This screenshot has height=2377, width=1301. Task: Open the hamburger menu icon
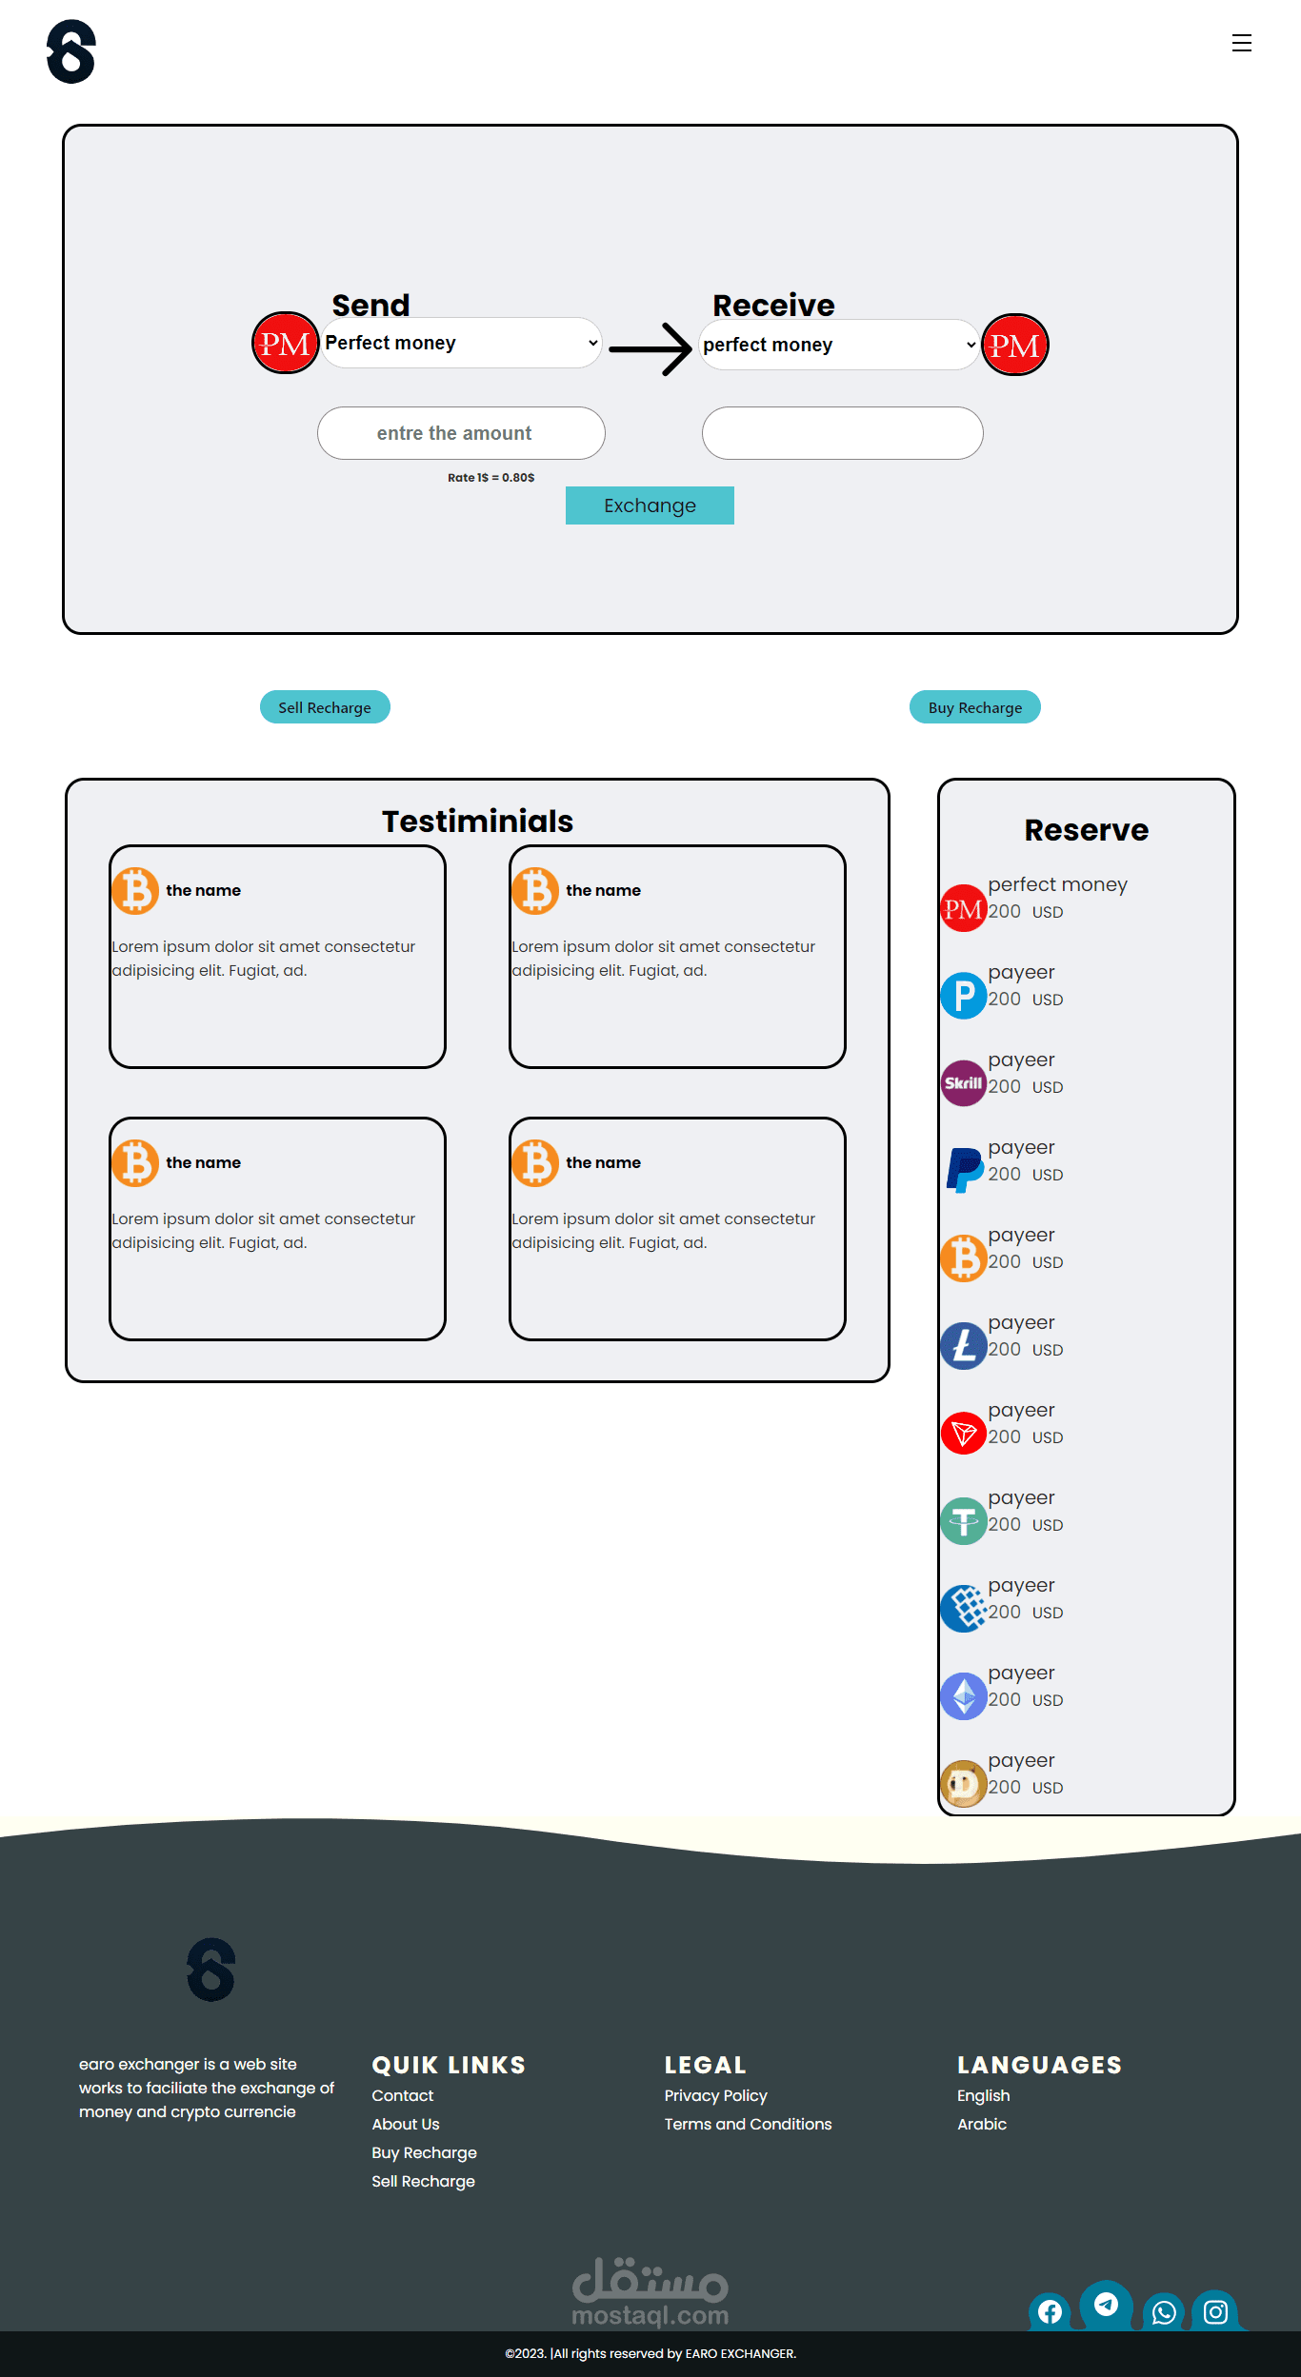click(1241, 43)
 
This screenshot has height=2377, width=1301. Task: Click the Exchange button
click(650, 505)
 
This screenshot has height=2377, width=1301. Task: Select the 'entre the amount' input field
click(461, 433)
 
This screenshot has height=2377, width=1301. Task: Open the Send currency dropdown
click(461, 343)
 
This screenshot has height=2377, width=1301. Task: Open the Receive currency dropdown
click(839, 345)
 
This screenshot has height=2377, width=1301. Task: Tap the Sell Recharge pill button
click(325, 707)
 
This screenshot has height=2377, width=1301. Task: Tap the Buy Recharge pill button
click(975, 707)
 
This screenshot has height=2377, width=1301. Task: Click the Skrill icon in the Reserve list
click(964, 1083)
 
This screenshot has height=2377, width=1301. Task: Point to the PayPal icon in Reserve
click(964, 1170)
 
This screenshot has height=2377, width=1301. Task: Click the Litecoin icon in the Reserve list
click(964, 1346)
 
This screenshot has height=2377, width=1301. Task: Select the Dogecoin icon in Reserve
click(964, 1784)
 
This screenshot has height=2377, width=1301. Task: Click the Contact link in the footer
click(402, 2095)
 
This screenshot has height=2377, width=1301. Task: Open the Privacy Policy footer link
click(715, 2095)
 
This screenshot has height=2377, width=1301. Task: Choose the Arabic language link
click(982, 2124)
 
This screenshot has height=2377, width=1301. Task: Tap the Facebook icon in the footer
click(1050, 2312)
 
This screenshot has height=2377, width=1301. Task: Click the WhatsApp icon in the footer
click(1164, 2312)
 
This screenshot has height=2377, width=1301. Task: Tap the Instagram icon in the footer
click(1215, 2311)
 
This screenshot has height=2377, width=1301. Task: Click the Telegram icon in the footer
click(1106, 2304)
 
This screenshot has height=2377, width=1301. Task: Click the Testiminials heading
click(477, 821)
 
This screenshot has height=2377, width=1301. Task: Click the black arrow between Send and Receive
click(650, 349)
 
